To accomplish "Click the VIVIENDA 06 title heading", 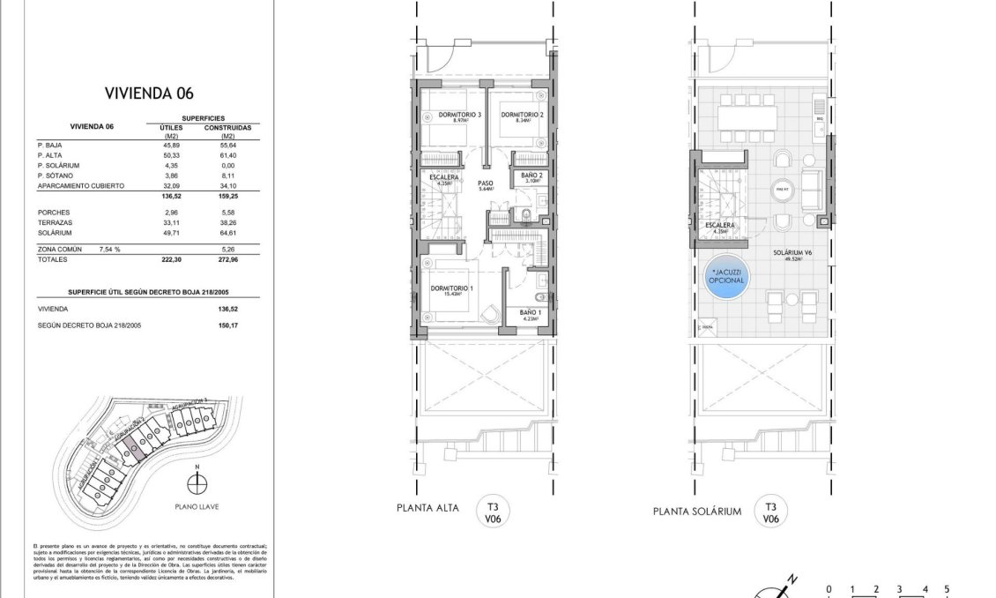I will (148, 93).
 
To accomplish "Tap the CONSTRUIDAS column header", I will (227, 127).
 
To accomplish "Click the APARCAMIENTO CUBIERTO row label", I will (80, 186).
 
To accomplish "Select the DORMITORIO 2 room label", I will (521, 115).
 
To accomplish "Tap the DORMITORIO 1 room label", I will (451, 288).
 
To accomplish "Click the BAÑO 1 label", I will (530, 313).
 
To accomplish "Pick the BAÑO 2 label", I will (530, 176).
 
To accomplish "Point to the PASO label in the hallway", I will (486, 183).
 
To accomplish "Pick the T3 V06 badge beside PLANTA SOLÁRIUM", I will (770, 512).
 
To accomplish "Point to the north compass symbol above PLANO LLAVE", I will (198, 482).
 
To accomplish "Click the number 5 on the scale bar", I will (947, 588).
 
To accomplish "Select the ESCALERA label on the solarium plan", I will (720, 226).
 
